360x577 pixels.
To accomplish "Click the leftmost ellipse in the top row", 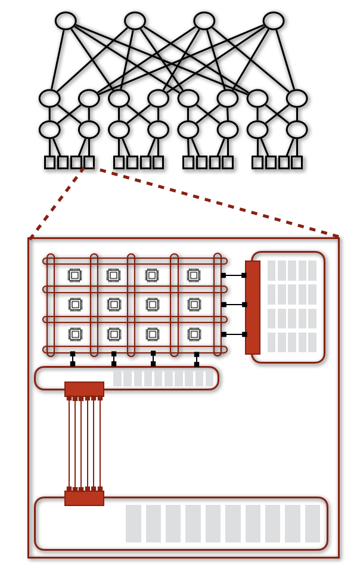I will coord(66,21).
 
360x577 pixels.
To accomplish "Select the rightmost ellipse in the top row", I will coord(274,21).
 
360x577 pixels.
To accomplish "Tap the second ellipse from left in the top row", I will coord(135,21).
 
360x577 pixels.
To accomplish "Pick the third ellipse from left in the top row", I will coord(204,21).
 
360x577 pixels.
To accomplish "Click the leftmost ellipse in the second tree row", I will coord(49,98).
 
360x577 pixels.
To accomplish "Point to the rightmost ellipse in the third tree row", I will coord(297,129).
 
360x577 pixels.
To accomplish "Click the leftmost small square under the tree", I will coord(49,162).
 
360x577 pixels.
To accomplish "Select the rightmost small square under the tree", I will coord(297,162).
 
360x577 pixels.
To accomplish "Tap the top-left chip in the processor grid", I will coord(75,275).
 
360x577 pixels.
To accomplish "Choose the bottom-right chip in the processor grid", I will coord(194,334).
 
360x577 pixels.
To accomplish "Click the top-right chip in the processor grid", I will coord(194,275).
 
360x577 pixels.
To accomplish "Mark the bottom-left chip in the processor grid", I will coord(75,334).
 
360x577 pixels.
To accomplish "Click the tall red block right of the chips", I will coord(253,308).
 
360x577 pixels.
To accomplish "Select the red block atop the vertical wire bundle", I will coord(84,389).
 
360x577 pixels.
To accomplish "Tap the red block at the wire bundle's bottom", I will coord(84,498).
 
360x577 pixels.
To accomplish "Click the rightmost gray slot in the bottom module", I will coord(312,523).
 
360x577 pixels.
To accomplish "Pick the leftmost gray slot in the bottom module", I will coord(134,523).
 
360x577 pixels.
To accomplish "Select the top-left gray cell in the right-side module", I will coord(272,270).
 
